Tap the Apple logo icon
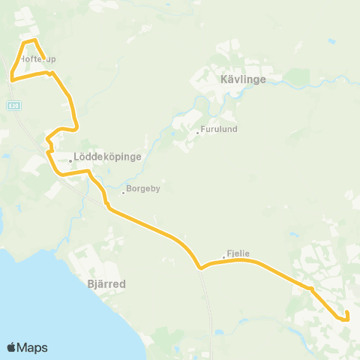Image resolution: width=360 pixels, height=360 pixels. point(11,347)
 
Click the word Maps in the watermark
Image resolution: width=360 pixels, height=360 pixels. point(32,348)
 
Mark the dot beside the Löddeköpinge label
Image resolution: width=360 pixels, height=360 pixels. point(70,160)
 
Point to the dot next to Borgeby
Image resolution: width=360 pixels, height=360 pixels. point(123,192)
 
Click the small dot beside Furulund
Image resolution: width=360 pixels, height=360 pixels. point(197,133)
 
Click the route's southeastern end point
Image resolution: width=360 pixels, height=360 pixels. point(348,319)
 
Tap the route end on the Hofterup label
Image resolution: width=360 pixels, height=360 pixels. point(47,55)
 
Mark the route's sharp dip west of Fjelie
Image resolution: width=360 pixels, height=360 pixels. point(199,266)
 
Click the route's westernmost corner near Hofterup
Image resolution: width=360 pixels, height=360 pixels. point(12,77)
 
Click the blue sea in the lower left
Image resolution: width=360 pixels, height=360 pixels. point(30,300)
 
